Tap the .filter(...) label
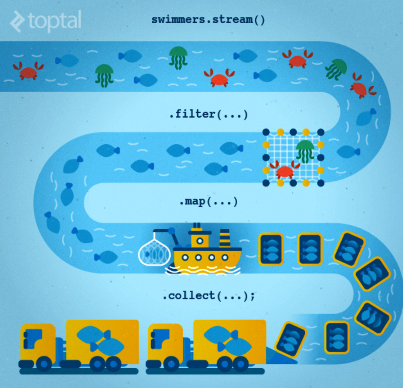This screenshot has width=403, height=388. [x=208, y=115]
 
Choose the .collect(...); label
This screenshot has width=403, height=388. [x=208, y=296]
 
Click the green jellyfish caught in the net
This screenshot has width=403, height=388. [x=305, y=151]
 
